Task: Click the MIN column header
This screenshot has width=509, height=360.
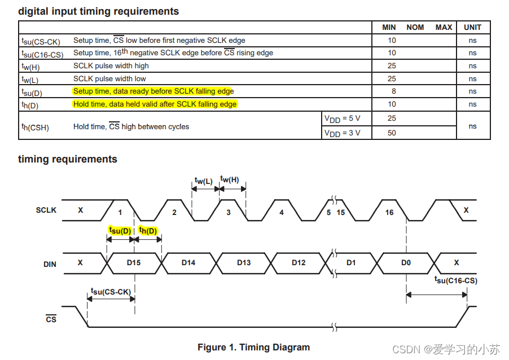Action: [389, 27]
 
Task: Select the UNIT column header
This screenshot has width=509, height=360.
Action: [472, 27]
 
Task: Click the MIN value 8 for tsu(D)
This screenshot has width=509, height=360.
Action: [393, 91]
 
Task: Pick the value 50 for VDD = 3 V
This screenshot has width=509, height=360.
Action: [392, 133]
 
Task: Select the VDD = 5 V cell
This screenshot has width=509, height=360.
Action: [342, 118]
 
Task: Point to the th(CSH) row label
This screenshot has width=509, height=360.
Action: [35, 127]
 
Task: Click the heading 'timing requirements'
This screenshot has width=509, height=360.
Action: [68, 159]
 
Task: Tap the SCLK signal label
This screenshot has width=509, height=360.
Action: [46, 210]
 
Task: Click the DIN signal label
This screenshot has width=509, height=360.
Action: [50, 264]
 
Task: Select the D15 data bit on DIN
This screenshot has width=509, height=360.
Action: [134, 262]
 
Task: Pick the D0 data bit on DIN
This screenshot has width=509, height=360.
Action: [406, 262]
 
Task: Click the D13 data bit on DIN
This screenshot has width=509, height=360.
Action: [244, 262]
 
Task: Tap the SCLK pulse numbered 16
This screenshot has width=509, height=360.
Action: [389, 212]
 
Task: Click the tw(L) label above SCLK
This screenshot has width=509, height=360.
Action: [204, 181]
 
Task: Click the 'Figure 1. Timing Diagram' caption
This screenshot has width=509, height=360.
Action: [253, 347]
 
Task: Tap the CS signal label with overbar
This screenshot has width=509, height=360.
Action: [51, 319]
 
